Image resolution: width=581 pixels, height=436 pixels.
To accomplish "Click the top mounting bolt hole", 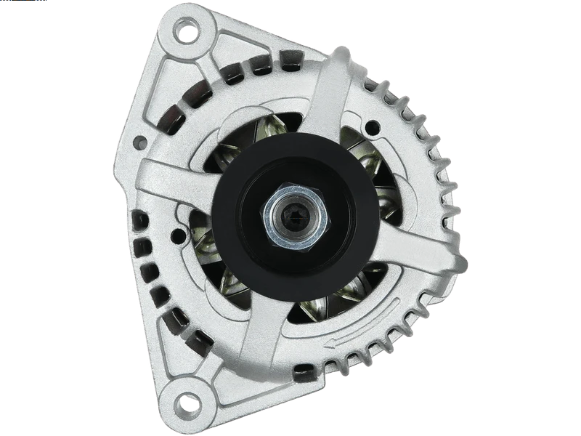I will click(188, 32).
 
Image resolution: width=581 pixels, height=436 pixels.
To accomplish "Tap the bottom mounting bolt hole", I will click(188, 401).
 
